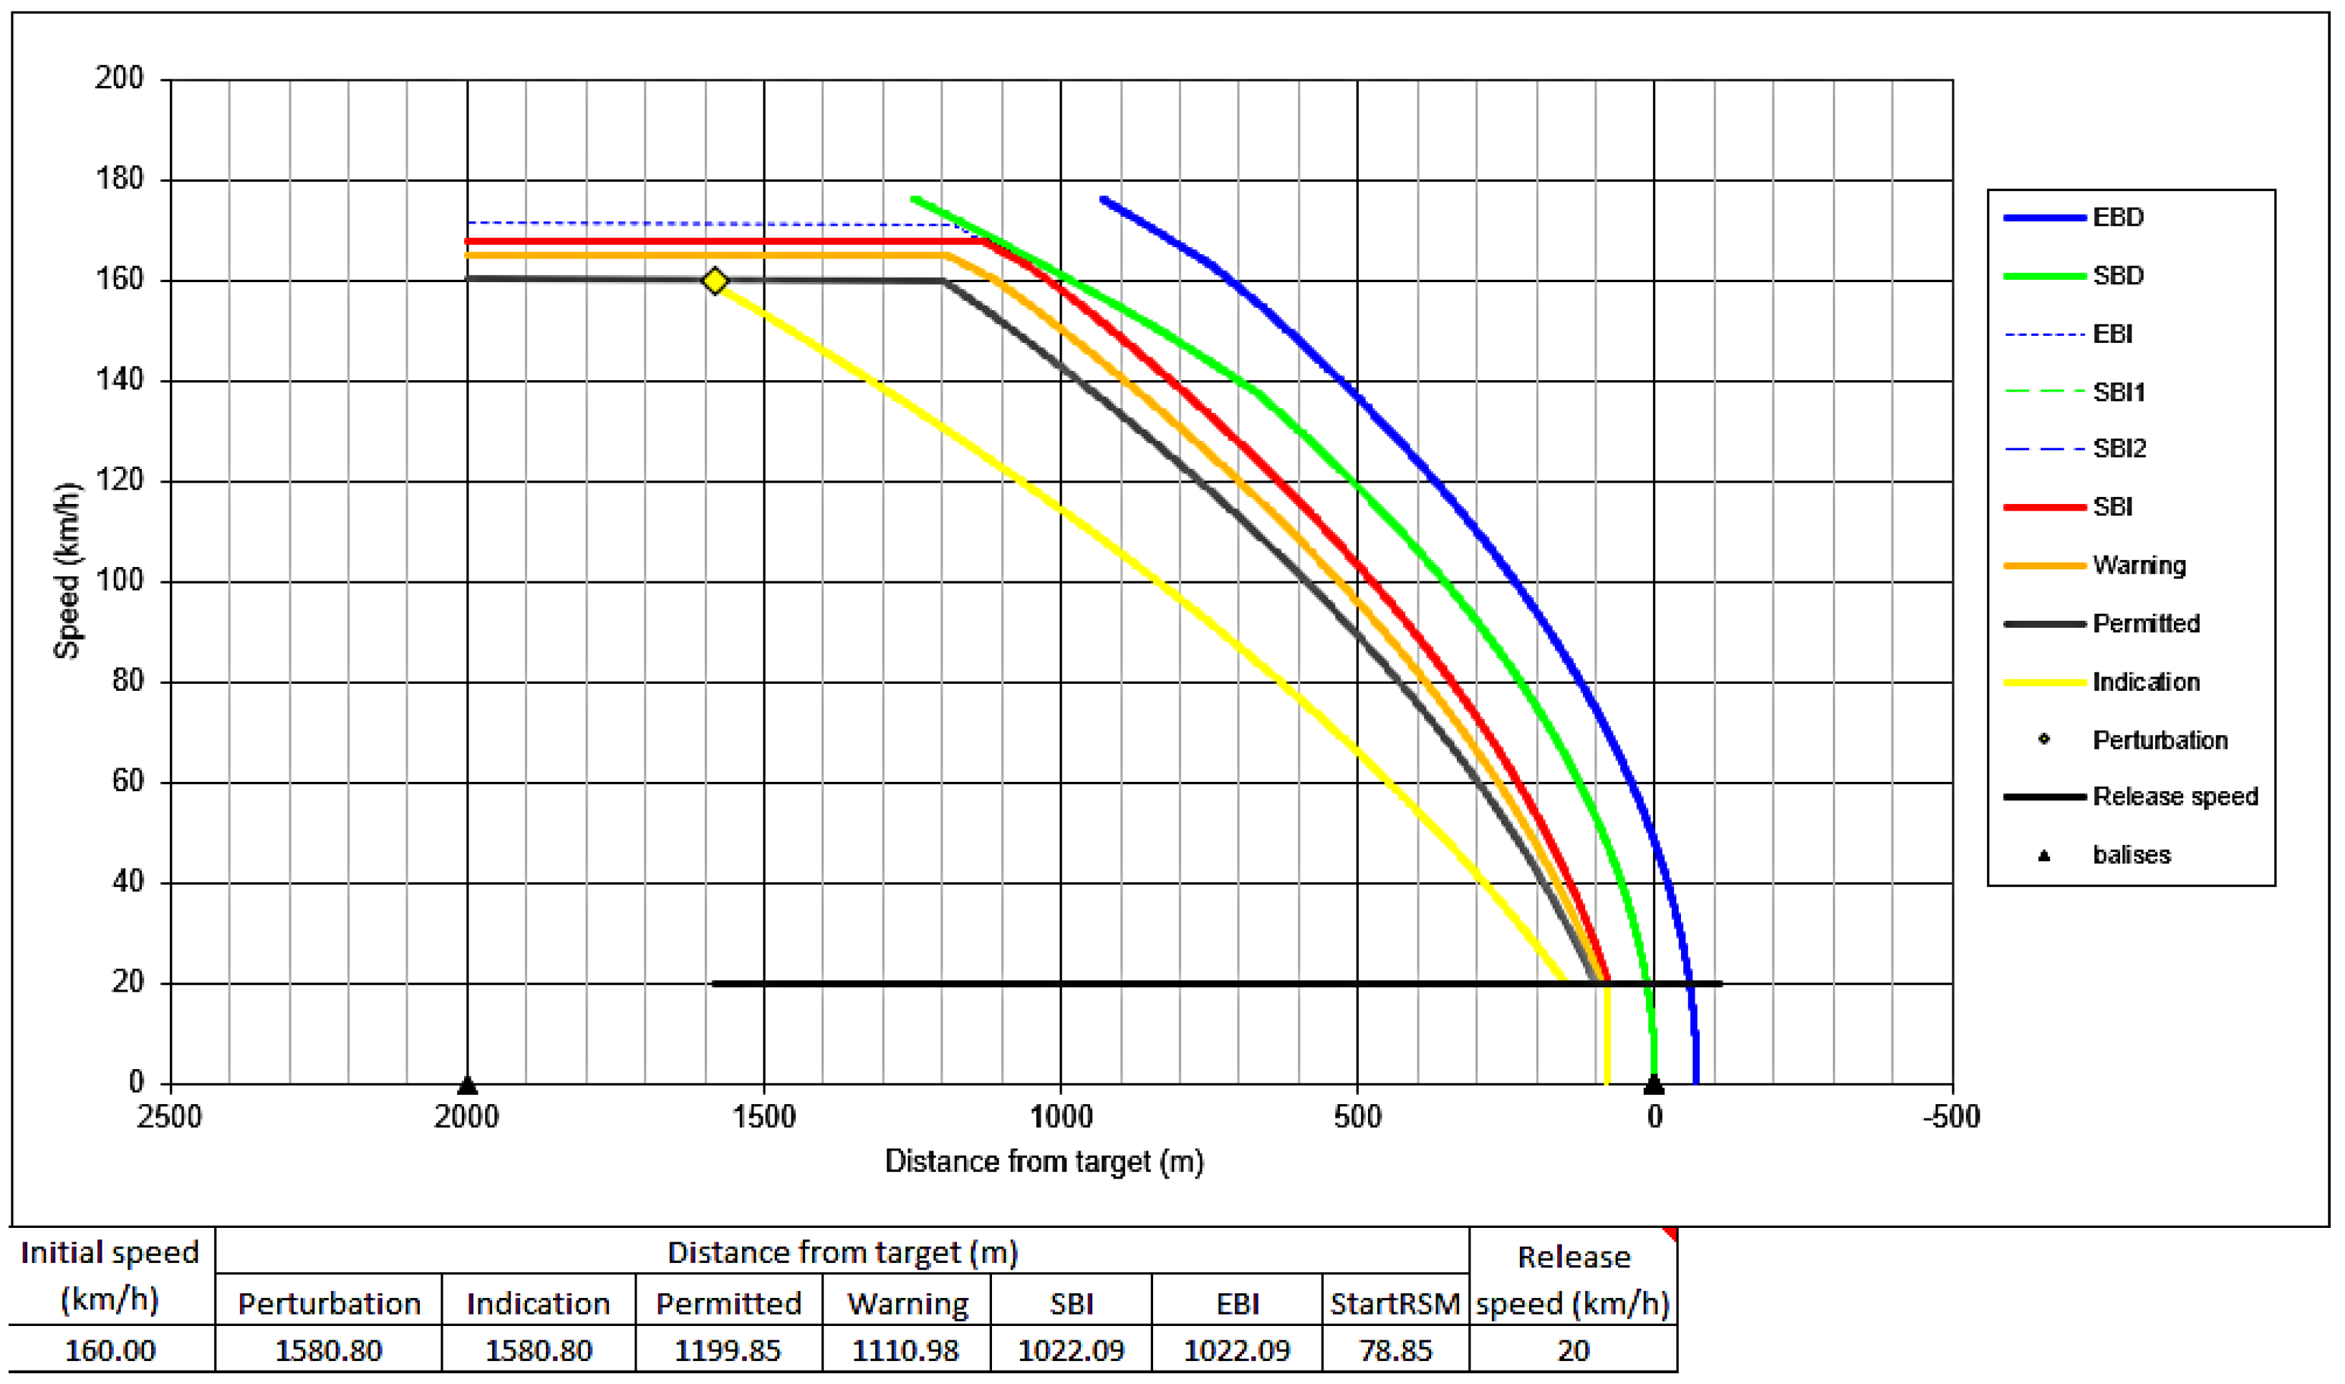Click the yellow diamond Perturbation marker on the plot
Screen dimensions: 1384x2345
pos(715,281)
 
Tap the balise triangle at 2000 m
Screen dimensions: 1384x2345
pos(467,1085)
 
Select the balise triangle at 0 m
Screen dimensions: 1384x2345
pos(1653,1085)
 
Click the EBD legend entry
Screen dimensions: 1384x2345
pos(2117,217)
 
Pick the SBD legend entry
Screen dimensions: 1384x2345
pos(2117,276)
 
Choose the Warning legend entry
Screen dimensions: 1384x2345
pos(2138,565)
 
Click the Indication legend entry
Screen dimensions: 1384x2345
pos(2145,682)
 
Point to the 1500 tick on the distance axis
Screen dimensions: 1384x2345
pos(764,1116)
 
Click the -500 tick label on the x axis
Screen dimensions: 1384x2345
pos(1950,1116)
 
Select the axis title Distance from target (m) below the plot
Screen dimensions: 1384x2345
pos(1044,1162)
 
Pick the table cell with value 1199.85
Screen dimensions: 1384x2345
pos(728,1350)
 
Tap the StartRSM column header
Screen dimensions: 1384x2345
pos(1395,1304)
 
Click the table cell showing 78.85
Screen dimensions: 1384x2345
pos(1395,1350)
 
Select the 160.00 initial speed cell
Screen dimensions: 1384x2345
pos(110,1350)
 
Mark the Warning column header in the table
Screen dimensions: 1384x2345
pos(907,1304)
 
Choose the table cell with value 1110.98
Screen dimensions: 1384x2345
pos(906,1350)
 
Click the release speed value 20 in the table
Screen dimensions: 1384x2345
pos(1573,1350)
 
